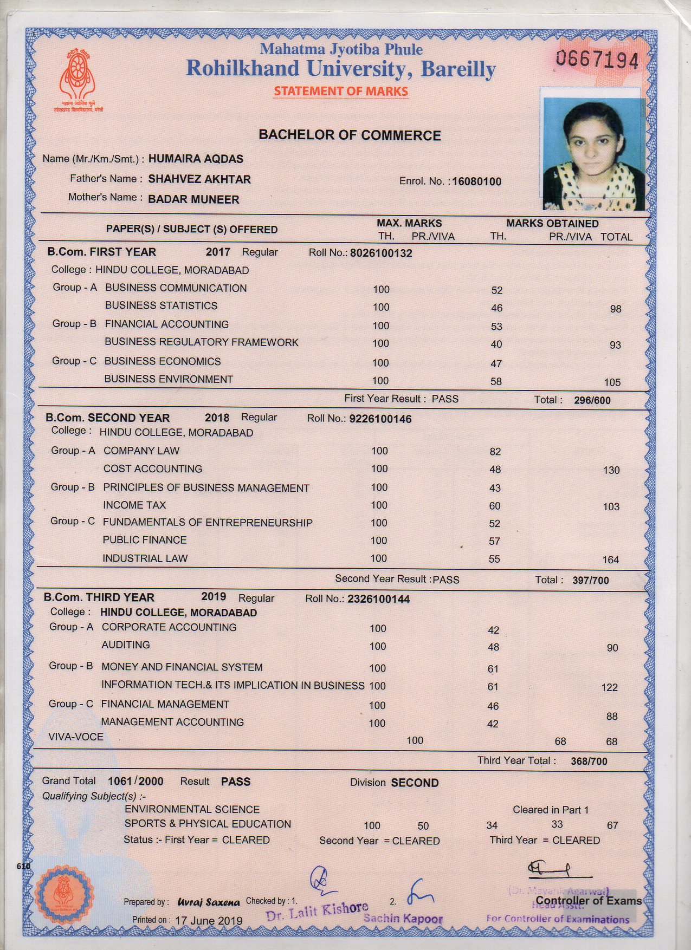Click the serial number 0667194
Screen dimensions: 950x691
click(597, 58)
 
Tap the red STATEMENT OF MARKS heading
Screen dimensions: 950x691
click(340, 91)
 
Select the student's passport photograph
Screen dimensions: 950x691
click(594, 154)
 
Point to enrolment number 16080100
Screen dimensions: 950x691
click(476, 181)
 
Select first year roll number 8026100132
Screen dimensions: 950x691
click(381, 253)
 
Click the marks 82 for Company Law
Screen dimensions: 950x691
click(495, 452)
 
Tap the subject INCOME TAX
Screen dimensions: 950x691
click(134, 505)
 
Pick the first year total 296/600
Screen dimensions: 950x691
click(592, 401)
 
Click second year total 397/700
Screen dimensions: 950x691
click(590, 581)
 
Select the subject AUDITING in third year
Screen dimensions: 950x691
click(126, 645)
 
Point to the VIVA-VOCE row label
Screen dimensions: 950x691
click(75, 737)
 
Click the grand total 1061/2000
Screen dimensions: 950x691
click(135, 781)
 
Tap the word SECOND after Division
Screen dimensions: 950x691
click(415, 783)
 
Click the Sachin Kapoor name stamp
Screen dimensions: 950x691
click(403, 919)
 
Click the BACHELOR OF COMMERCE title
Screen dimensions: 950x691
click(350, 135)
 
